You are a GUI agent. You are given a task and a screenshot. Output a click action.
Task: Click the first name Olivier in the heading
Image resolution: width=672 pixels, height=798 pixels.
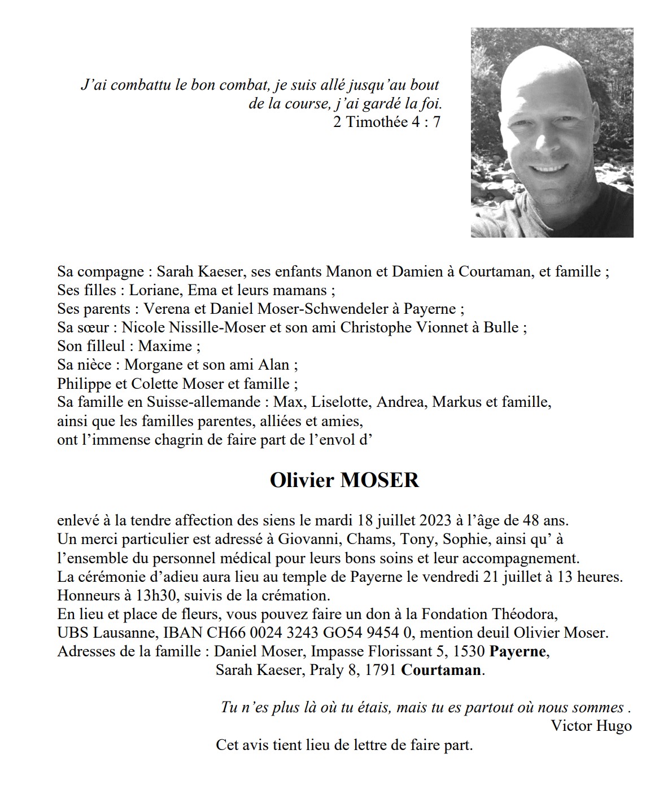pos(302,480)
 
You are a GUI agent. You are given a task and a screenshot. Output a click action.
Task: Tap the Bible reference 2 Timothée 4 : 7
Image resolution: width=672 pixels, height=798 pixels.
pos(386,122)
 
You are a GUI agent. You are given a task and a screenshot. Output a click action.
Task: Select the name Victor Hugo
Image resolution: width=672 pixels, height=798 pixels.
pos(591,726)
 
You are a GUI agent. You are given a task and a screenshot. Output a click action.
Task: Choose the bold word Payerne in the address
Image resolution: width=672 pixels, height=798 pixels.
pos(518,652)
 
